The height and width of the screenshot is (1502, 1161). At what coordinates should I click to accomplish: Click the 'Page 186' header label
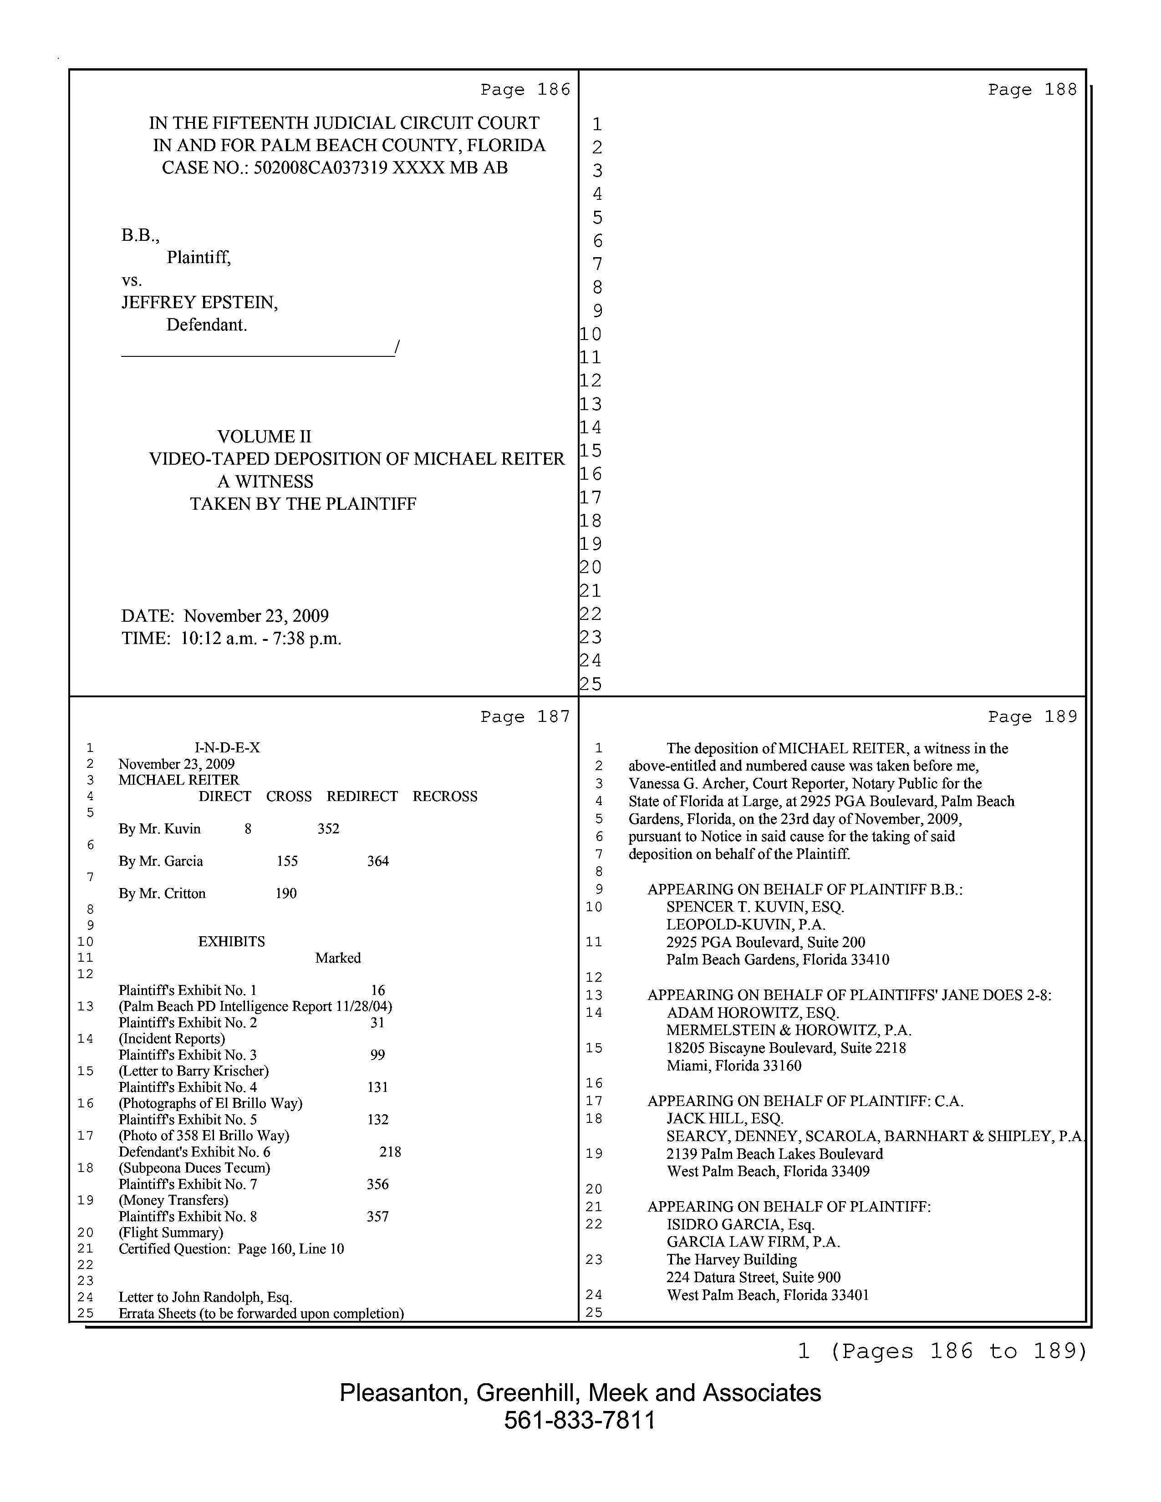[x=525, y=89]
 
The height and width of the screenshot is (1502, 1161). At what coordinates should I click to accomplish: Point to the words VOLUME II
[x=264, y=436]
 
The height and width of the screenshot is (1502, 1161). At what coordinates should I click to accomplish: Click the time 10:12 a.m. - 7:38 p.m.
[x=261, y=638]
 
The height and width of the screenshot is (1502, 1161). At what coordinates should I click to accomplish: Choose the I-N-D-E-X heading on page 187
[x=227, y=747]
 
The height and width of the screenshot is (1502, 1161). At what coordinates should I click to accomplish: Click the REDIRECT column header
[x=362, y=797]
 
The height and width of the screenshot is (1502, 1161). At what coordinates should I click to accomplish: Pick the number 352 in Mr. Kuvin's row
[x=328, y=829]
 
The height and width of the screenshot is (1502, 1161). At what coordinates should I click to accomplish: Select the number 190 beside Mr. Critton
[x=286, y=893]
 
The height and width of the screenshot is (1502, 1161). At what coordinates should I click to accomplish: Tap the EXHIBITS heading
[x=231, y=942]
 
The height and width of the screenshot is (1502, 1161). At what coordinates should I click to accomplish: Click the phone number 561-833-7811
[x=579, y=1420]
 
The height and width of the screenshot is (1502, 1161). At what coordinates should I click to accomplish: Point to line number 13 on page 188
[x=591, y=404]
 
